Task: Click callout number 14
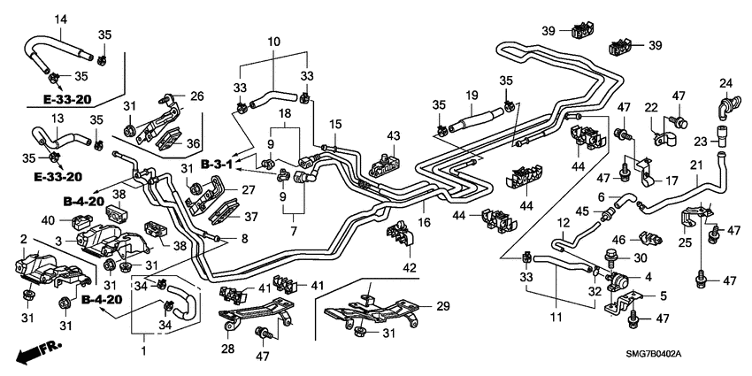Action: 61,19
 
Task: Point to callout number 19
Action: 472,95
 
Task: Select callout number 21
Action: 695,165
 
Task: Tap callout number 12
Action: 563,220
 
